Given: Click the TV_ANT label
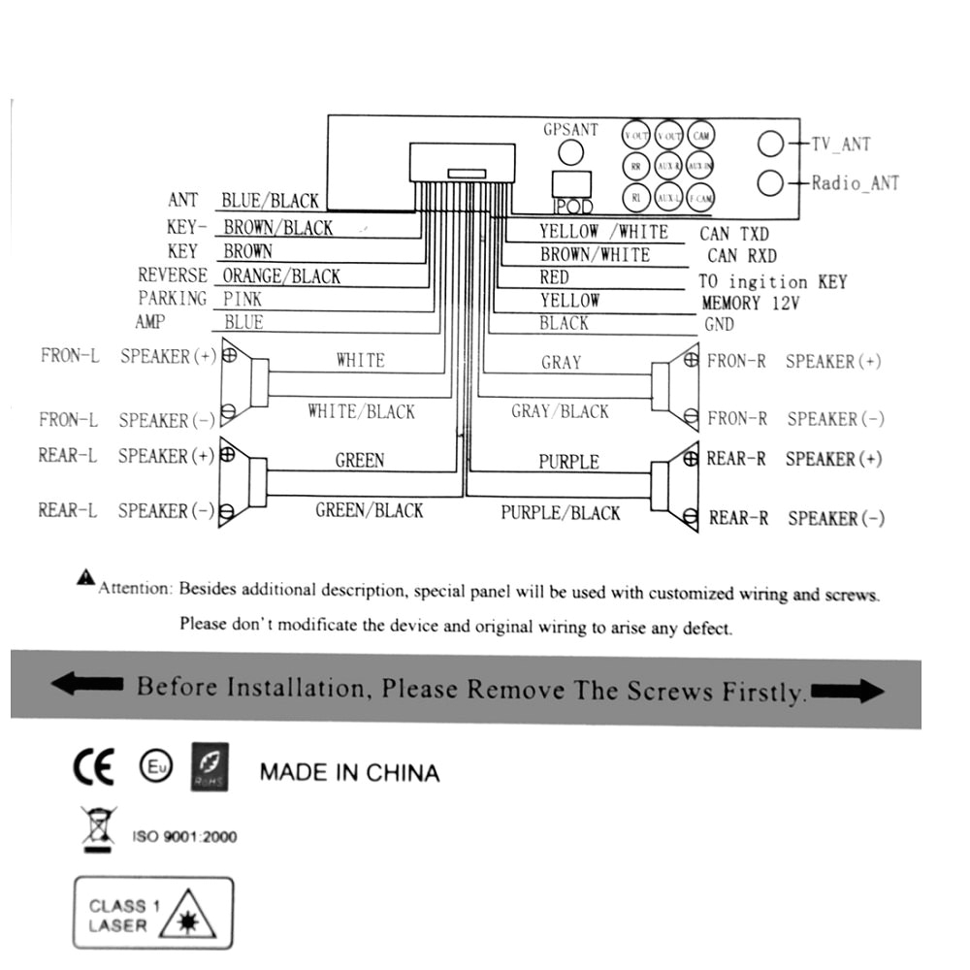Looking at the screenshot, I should pyautogui.click(x=841, y=145).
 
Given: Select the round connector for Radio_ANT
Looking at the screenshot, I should pyautogui.click(x=770, y=182).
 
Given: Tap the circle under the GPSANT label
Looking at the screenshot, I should pyautogui.click(x=571, y=152).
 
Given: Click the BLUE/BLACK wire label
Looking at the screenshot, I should pyautogui.click(x=270, y=201).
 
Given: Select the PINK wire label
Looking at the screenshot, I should pyautogui.click(x=242, y=299).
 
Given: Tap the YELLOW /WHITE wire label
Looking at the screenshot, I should pyautogui.click(x=603, y=232).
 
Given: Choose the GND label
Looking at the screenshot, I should pyautogui.click(x=719, y=325).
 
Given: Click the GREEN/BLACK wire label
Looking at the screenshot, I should pyautogui.click(x=370, y=510).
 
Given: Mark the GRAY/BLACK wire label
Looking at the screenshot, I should pyautogui.click(x=560, y=411).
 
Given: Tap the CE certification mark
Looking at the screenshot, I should pyautogui.click(x=94, y=766).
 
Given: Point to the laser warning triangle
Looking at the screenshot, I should pyautogui.click(x=189, y=916).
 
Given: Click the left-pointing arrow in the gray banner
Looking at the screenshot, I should pyautogui.click(x=87, y=685).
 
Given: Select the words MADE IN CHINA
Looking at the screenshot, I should pyautogui.click(x=349, y=773).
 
